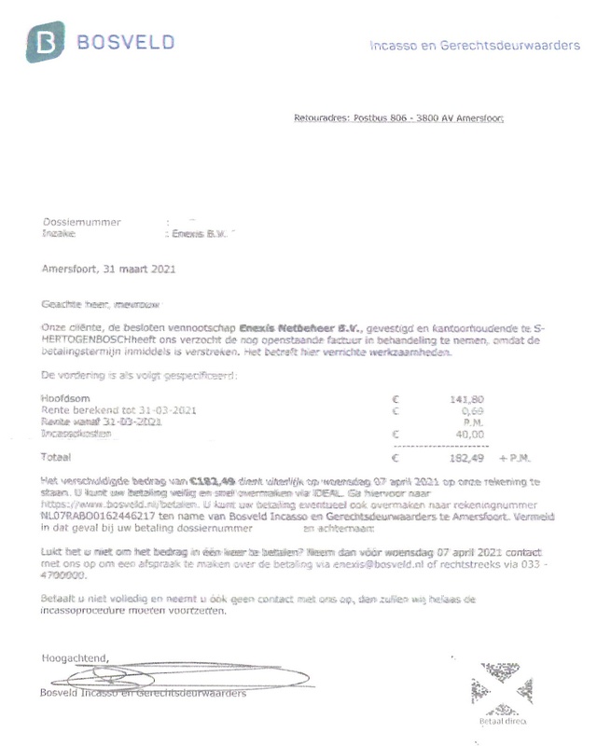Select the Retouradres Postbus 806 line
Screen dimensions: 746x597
tap(397, 118)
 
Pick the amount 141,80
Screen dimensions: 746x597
tap(466, 399)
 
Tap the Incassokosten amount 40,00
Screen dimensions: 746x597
tap(469, 434)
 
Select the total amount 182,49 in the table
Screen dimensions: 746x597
tap(466, 459)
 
